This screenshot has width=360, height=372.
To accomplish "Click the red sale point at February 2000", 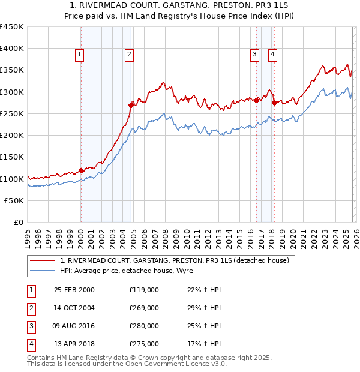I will (82, 170).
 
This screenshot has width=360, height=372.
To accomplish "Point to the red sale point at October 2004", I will (131, 105).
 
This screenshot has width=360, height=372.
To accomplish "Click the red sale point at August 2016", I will (256, 100).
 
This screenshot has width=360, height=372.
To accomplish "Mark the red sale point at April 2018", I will (274, 103).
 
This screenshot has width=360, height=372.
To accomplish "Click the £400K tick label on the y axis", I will (12, 49).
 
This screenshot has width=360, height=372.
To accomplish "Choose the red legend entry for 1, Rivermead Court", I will (175, 260).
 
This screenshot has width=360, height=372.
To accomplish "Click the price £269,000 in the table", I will (144, 308).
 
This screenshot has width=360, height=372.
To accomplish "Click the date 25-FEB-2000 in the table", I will (74, 290).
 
